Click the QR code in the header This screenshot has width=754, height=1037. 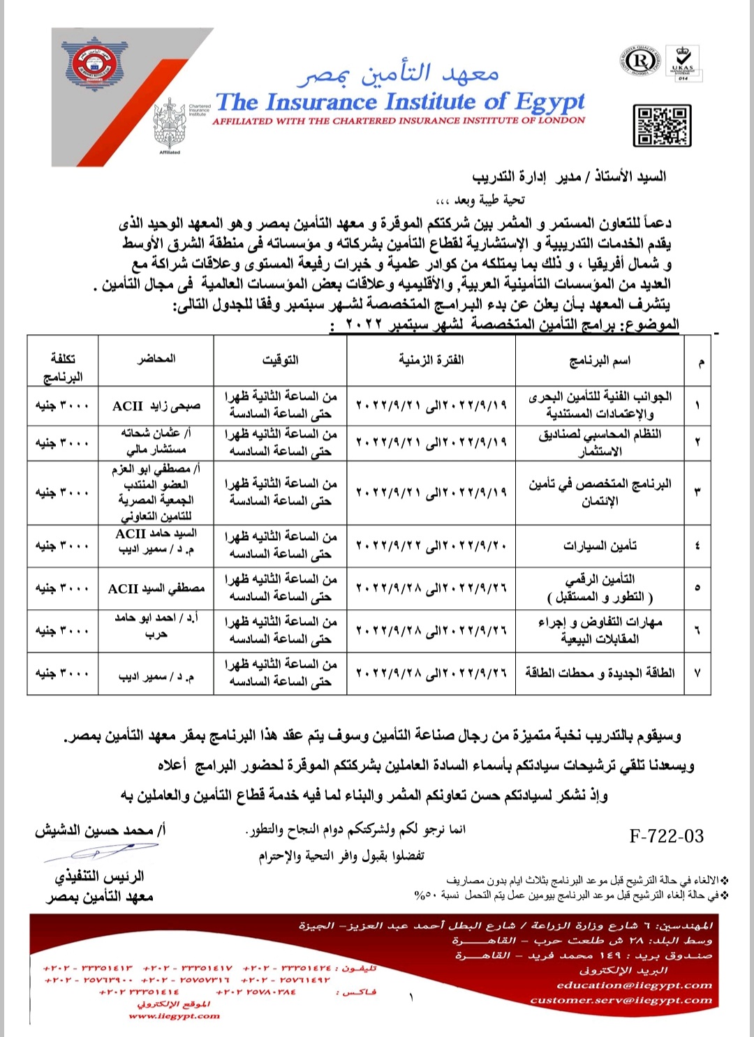662,126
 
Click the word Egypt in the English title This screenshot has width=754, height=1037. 550,102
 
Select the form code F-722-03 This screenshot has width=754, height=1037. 666,836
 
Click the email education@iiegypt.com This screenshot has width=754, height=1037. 634,985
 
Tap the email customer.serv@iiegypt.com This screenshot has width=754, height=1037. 621,1000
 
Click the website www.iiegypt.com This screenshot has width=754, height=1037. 174,1016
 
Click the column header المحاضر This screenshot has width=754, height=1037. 156,359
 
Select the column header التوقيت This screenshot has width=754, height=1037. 280,359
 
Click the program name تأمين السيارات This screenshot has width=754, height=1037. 600,546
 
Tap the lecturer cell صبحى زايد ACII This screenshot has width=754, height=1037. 156,405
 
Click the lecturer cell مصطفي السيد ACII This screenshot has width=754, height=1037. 156,588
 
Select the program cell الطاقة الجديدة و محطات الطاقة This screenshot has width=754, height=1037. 600,673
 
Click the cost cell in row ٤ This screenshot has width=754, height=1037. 62,546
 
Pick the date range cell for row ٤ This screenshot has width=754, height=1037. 431,546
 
